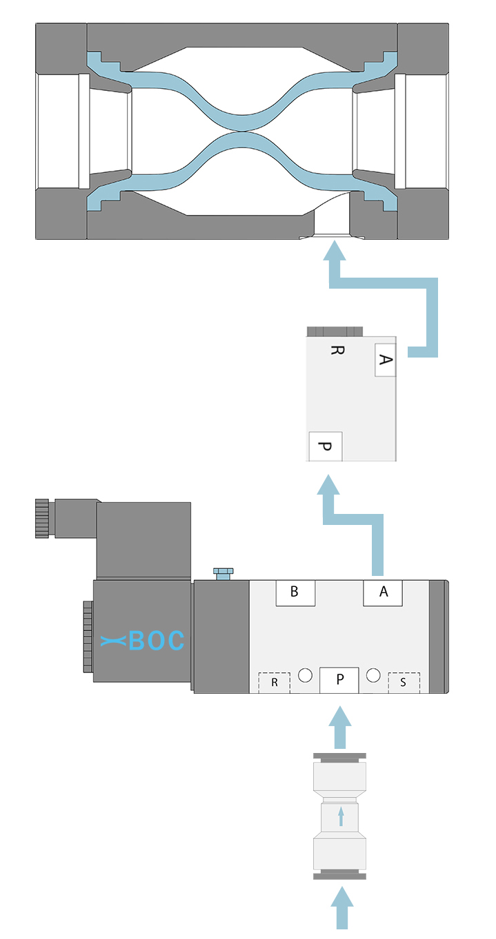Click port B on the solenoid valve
tap(295, 592)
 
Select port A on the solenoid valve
tap(383, 592)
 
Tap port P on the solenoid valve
tap(339, 680)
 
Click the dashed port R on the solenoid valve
tap(275, 683)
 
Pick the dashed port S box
tap(404, 683)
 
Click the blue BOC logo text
tap(142, 641)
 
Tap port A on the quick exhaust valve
tap(385, 360)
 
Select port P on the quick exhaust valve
tap(325, 446)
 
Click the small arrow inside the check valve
tap(341, 816)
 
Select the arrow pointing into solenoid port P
tap(339, 728)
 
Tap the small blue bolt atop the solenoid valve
tap(224, 573)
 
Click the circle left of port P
tap(305, 675)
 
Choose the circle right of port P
tap(373, 675)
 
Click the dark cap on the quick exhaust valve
tap(335, 331)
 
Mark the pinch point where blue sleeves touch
tap(243, 130)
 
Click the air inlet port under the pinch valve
tap(332, 236)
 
